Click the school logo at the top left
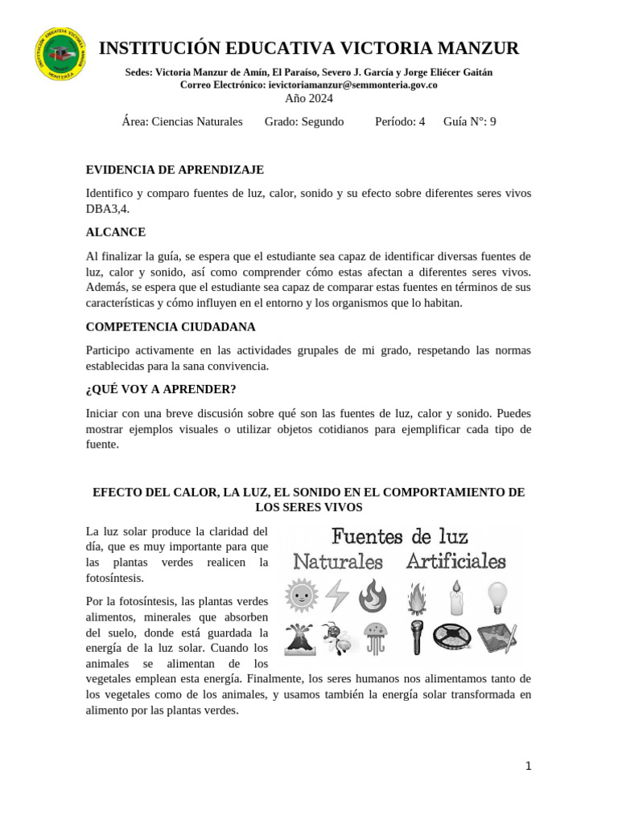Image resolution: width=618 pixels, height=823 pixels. coord(60,54)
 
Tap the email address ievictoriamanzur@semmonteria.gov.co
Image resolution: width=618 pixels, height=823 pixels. coord(352,84)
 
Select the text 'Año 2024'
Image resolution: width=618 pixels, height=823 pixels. coord(309,98)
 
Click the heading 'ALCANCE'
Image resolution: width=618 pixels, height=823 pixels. coord(116,232)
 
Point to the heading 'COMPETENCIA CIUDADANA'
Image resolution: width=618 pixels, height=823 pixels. coord(171,327)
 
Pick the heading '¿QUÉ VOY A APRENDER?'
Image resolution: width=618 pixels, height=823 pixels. coord(161,389)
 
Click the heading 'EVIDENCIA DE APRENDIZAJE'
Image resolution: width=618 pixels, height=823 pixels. coord(175,170)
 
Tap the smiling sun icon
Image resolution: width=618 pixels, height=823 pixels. coord(302,596)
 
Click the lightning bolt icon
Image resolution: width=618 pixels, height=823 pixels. coord(337,596)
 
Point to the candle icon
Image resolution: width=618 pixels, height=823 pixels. coord(456,596)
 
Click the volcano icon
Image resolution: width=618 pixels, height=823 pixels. coord(300,637)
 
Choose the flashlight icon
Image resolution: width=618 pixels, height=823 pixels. coord(417,637)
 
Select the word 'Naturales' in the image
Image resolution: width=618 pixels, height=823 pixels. coord(338,561)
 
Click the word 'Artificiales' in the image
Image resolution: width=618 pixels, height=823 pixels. coord(455,561)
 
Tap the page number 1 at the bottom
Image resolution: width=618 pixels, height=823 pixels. coord(528,766)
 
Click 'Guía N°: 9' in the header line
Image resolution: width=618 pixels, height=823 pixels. coord(469,121)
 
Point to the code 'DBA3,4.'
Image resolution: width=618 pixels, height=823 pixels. coord(107,208)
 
